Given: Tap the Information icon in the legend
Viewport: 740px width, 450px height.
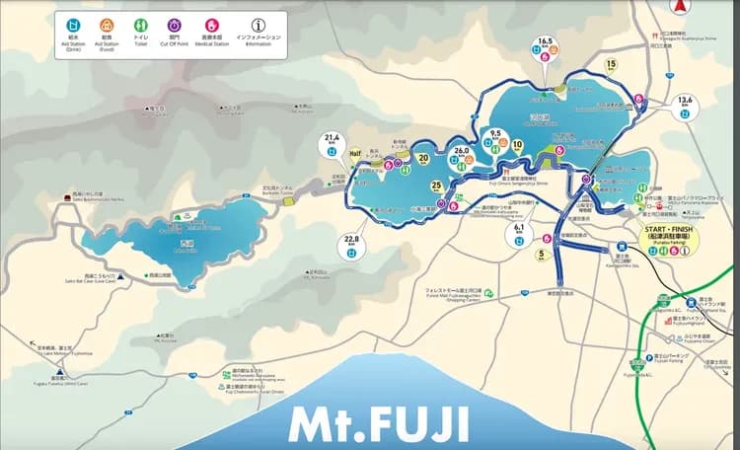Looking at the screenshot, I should (259, 23).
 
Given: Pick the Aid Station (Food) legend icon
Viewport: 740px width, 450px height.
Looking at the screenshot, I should (108, 23).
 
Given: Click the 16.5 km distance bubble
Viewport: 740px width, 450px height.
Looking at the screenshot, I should (546, 46).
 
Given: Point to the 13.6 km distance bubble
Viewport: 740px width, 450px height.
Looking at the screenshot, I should (685, 103).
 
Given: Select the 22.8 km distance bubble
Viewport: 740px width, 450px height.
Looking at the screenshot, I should (352, 242).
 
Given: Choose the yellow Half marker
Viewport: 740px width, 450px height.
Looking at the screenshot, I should (355, 154).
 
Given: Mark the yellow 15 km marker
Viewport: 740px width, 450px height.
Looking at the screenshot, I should (613, 65).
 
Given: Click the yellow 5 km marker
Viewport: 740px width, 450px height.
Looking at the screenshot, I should (542, 256).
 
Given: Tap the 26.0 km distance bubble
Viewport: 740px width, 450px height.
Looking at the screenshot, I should (461, 153).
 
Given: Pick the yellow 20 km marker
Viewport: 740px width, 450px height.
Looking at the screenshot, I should (422, 157).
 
